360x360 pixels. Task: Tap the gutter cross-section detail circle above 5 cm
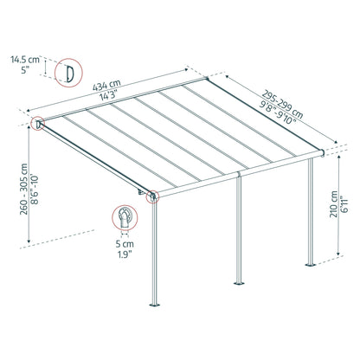[125, 219]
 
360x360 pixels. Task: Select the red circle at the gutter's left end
[153, 196]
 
